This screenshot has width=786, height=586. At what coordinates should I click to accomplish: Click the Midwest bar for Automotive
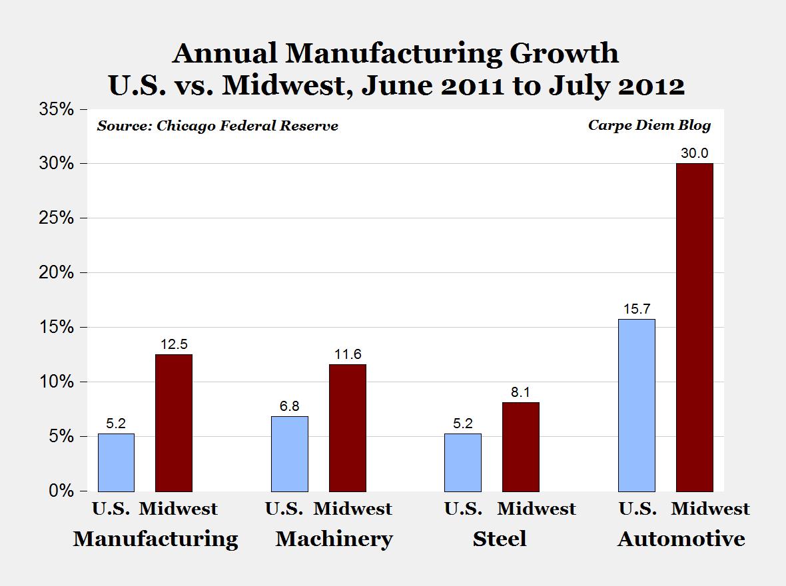[694, 327]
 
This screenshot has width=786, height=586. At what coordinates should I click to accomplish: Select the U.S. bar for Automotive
[636, 405]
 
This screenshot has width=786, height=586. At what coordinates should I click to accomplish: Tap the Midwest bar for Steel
[520, 446]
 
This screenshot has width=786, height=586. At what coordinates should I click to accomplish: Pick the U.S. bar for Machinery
[290, 453]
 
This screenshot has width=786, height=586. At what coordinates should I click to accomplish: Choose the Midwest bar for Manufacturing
[173, 422]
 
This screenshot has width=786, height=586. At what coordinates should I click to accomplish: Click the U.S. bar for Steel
[462, 462]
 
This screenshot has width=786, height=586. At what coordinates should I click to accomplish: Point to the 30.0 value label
[694, 153]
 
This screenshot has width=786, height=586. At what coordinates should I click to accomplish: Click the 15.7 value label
[636, 310]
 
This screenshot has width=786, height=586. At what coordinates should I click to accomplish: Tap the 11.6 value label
[347, 354]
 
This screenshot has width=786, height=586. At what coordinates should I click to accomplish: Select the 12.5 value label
[173, 344]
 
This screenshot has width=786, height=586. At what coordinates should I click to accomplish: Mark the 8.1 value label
[520, 392]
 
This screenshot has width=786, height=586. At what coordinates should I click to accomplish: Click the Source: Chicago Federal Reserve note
[217, 126]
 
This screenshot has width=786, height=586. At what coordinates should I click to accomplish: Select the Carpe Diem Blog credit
[649, 125]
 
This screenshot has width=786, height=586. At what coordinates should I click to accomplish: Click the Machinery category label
[334, 538]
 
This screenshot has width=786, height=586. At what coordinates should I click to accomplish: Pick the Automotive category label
[681, 538]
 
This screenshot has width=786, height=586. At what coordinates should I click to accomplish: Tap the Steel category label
[499, 538]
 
